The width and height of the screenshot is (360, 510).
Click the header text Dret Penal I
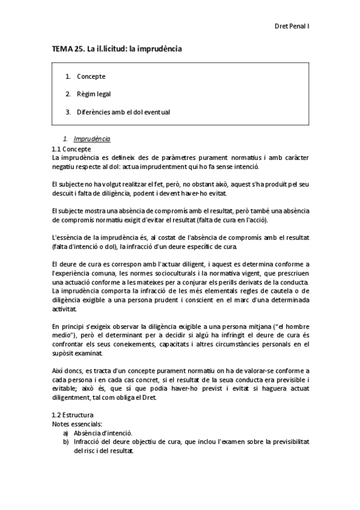(x=291, y=26)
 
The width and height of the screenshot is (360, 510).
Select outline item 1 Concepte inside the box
(x=91, y=76)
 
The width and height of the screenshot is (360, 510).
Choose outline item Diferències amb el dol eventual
(x=123, y=111)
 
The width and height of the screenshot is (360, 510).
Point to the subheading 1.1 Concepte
(x=72, y=149)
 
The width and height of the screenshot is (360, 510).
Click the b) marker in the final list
(x=66, y=441)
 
